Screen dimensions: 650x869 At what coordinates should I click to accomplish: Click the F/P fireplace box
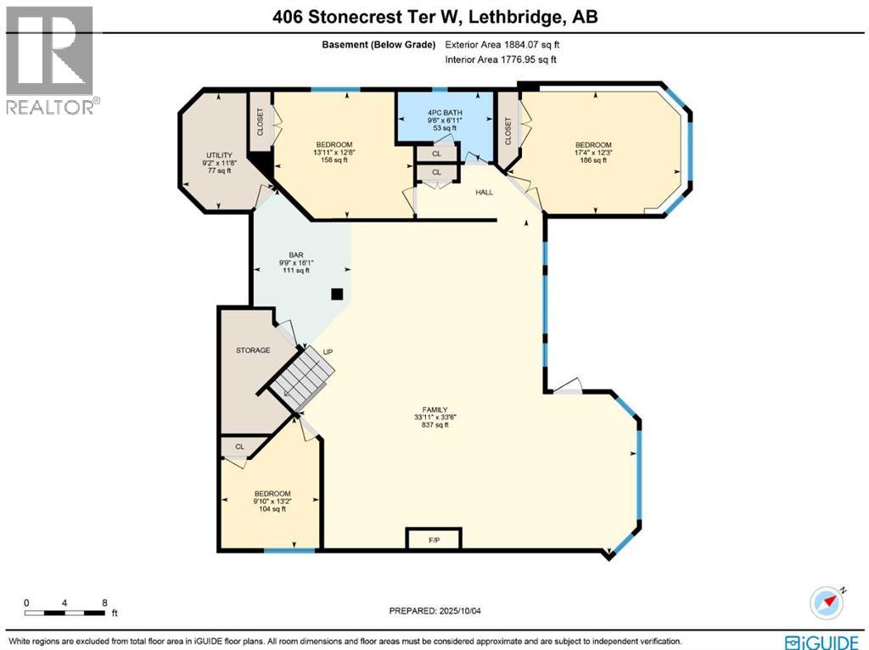[x=433, y=539]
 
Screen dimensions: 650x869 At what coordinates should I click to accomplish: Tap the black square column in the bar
[x=337, y=294]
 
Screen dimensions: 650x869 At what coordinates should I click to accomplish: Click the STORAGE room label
[x=254, y=350]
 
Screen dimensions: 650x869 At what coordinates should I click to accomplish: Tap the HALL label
[x=484, y=193]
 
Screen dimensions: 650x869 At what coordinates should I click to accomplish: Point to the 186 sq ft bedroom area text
[x=593, y=160]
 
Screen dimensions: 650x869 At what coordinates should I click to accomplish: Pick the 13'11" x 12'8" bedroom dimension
[x=334, y=153]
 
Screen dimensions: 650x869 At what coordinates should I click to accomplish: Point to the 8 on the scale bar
[x=104, y=602]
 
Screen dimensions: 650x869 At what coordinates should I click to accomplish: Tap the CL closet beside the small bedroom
[x=239, y=446]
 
